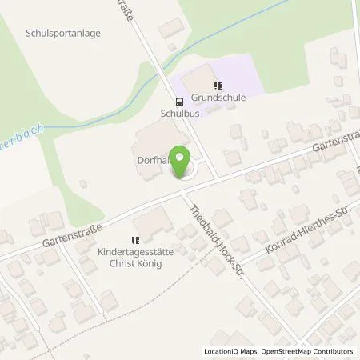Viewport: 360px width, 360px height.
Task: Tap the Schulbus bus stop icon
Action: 178,102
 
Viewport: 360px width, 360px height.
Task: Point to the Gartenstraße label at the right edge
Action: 329,146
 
